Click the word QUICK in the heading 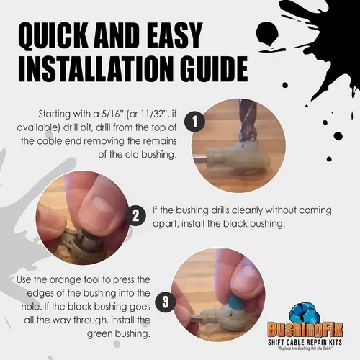coord(53,36)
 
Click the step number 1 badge coord(194,121)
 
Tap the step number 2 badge coord(136,215)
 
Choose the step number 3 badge coord(166,302)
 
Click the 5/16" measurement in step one coord(112,114)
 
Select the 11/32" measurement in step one coord(152,114)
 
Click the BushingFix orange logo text coord(305,329)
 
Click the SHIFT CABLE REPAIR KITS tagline coord(305,342)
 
